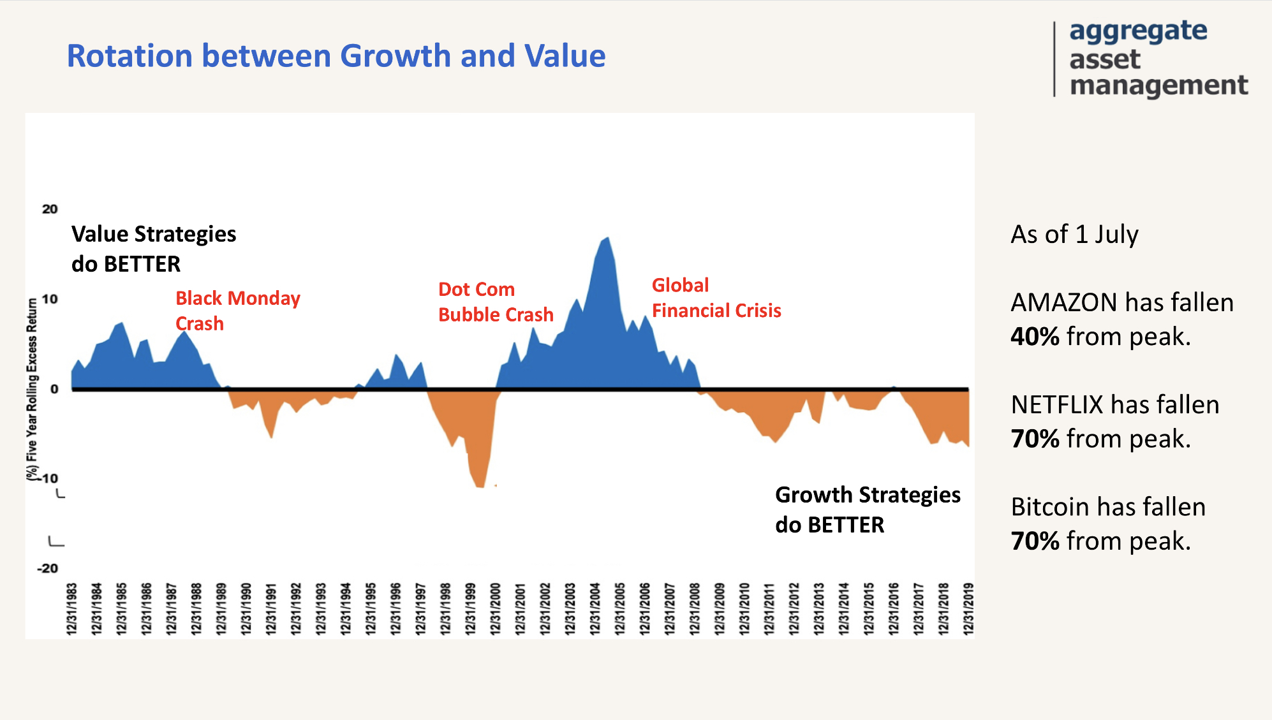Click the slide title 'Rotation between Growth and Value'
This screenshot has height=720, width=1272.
coord(336,56)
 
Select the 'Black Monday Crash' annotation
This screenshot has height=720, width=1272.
coord(237,311)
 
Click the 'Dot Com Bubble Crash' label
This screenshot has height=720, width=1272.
coord(496,302)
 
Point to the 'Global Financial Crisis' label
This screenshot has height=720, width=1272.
coord(716,298)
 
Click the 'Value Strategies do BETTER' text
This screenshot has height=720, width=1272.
coord(154,249)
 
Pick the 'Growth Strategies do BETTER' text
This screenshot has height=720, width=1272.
coord(868,510)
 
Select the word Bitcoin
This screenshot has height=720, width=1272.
coord(1051,507)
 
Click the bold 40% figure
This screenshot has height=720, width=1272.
coord(1035,337)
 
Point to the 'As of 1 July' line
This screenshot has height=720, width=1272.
coord(1074,235)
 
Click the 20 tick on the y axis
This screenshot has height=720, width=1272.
coord(50,209)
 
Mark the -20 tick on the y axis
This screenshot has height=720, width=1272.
coord(48,568)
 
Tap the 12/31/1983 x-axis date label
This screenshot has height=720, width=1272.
coord(72,608)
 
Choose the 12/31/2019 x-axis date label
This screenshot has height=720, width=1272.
coord(968,608)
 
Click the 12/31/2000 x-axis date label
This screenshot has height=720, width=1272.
coord(496,608)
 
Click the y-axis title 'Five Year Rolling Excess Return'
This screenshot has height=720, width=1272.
coord(32,389)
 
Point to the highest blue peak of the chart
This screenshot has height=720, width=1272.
coord(607,239)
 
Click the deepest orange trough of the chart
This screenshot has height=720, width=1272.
coord(480,486)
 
